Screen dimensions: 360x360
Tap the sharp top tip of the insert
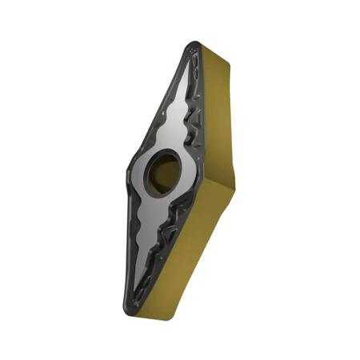[x=195, y=46]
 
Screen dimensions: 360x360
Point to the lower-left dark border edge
[x=128, y=240]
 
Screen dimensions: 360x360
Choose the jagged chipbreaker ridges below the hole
[x=172, y=232]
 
